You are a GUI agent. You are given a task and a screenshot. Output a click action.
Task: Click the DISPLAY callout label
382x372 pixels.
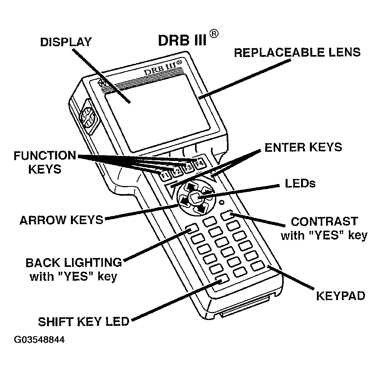point(66,42)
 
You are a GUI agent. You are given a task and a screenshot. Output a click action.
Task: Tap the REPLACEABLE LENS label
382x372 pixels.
point(297,52)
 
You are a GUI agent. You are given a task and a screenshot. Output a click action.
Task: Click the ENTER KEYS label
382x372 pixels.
point(303,147)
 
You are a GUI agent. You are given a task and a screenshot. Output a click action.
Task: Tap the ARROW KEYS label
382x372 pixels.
point(62,220)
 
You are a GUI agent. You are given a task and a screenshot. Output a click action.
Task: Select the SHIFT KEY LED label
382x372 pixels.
point(83,322)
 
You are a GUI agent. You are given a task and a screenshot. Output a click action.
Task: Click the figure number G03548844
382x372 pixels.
point(39,340)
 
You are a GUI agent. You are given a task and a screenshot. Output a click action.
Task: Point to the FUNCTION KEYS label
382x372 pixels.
point(45,162)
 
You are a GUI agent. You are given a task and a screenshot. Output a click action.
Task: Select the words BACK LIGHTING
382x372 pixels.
point(74,263)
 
